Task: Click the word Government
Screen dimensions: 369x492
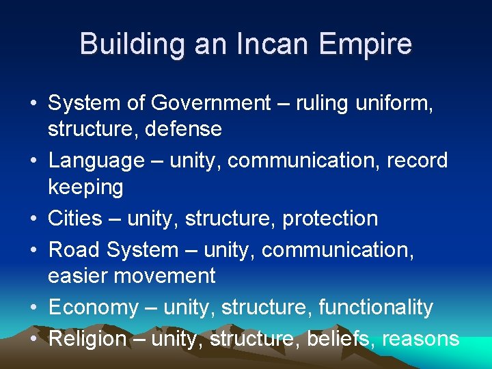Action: point(211,103)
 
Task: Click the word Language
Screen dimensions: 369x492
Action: point(96,161)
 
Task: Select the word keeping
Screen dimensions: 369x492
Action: point(85,187)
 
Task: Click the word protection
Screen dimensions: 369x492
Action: point(330,219)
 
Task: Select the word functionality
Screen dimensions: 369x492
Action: point(376,307)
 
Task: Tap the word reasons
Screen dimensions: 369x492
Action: point(420,340)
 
